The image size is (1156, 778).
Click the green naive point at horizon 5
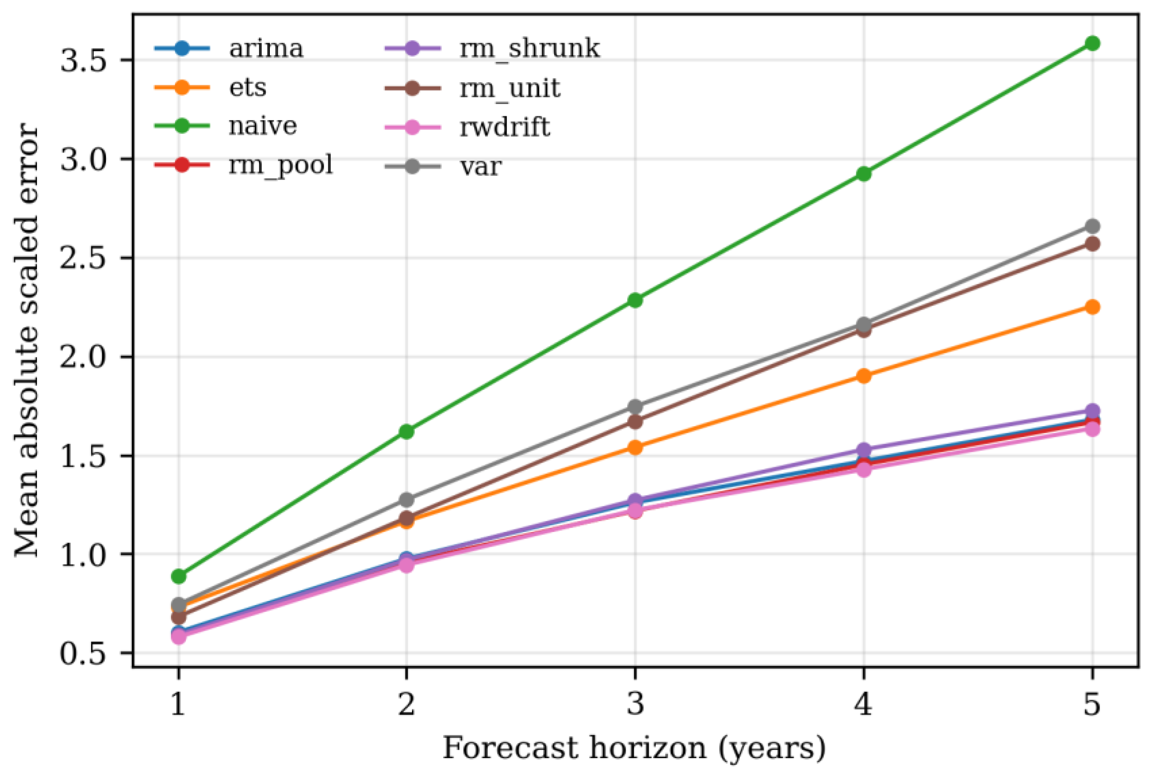click(1091, 44)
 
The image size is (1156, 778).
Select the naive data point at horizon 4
click(864, 174)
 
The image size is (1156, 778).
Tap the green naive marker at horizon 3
click(635, 300)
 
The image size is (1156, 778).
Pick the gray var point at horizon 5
click(1091, 226)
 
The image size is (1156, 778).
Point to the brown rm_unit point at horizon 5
click(1091, 244)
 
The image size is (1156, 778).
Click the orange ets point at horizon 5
click(1091, 307)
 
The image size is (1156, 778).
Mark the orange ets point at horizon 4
click(864, 375)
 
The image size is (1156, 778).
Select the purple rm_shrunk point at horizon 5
click(1091, 411)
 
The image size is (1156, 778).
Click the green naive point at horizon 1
click(179, 576)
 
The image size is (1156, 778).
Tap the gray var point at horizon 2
click(407, 499)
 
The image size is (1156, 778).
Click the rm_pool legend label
click(281, 166)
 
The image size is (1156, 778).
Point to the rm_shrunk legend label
click(529, 49)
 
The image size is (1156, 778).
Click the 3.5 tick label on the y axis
click(84, 61)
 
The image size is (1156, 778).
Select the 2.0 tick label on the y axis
click(84, 357)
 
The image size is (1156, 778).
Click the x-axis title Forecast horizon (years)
click(634, 748)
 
